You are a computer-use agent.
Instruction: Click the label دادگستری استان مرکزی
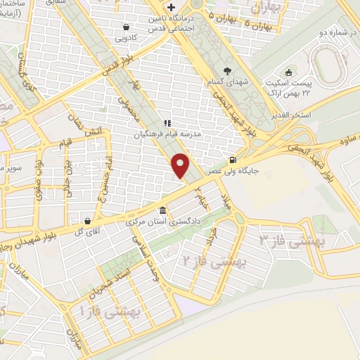(x=163, y=221)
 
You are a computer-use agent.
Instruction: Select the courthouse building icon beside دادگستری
(x=163, y=210)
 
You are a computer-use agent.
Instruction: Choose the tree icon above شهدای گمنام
(x=226, y=70)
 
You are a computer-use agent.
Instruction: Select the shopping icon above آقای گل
(x=86, y=219)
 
